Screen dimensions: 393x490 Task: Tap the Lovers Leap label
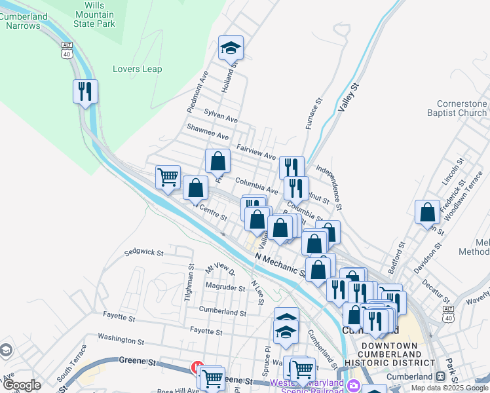click(x=137, y=69)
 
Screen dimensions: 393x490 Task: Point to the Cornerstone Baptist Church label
click(x=462, y=108)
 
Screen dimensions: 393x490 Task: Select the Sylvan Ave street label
click(x=221, y=116)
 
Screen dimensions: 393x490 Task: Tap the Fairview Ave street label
click(x=256, y=152)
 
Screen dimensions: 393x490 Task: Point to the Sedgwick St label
click(x=143, y=252)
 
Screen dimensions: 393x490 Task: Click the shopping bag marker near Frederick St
click(x=427, y=212)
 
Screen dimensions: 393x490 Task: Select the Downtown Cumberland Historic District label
click(x=389, y=354)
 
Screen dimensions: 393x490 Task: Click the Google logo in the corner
click(x=22, y=385)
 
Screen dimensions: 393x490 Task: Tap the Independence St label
click(x=330, y=187)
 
